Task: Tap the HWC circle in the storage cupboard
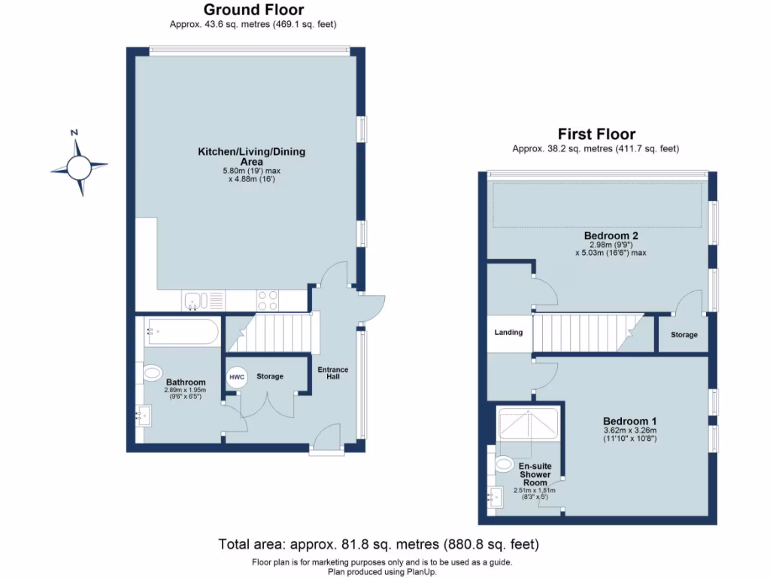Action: point(236,376)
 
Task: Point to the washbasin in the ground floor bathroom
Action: point(144,413)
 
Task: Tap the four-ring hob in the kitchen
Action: point(268,300)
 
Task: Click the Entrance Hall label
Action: point(332,373)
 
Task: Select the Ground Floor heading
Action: point(254,10)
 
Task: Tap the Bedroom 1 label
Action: point(629,421)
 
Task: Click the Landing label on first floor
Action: point(508,332)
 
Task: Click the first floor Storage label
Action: point(684,335)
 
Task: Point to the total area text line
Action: point(378,543)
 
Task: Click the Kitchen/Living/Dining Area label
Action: point(251,157)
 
